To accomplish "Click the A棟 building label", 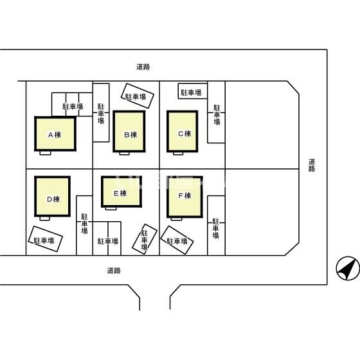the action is pyautogui.click(x=55, y=135).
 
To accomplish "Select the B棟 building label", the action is pyautogui.click(x=130, y=135).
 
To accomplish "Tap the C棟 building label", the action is pyautogui.click(x=184, y=134).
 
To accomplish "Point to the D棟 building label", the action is pyautogui.click(x=53, y=199).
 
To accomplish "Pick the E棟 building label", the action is pyautogui.click(x=120, y=194).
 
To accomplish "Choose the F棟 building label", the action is pyautogui.click(x=184, y=195).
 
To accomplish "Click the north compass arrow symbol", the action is pyautogui.click(x=348, y=268).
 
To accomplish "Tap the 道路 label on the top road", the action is pyautogui.click(x=143, y=67).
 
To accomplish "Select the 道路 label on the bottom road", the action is pyautogui.click(x=114, y=271).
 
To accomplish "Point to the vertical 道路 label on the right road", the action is pyautogui.click(x=312, y=165).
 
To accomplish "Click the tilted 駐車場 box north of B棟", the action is pyautogui.click(x=138, y=96).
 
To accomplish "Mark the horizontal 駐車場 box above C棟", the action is pyautogui.click(x=193, y=91).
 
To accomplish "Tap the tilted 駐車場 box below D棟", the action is pyautogui.click(x=45, y=239).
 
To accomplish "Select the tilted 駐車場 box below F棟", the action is pyautogui.click(x=177, y=240).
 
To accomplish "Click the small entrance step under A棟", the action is pyautogui.click(x=45, y=153).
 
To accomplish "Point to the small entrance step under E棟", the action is pyautogui.click(x=111, y=208).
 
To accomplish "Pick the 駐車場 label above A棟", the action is pyautogui.click(x=73, y=107).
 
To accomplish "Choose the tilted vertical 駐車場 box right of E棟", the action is pyautogui.click(x=145, y=239).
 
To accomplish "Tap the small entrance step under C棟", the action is pyautogui.click(x=178, y=153).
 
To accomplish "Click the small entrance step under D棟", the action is pyautogui.click(x=44, y=219).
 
